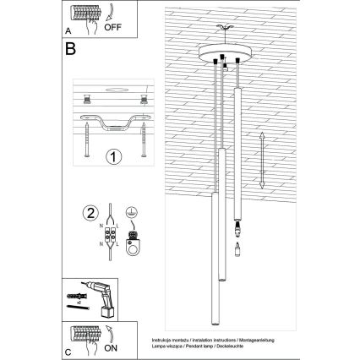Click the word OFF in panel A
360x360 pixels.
click(112, 26)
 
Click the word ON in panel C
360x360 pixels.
click(111, 347)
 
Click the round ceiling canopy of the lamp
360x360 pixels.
click(224, 55)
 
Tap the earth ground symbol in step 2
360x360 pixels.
click(131, 215)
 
